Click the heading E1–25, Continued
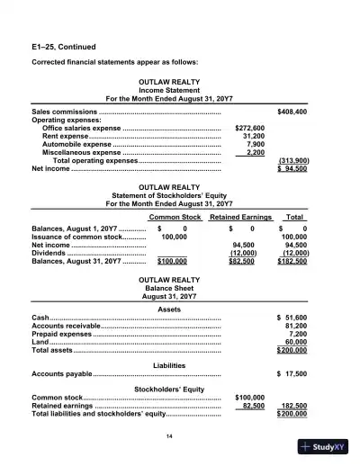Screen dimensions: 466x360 pyautogui.click(x=65, y=44)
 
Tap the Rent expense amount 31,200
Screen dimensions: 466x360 pyautogui.click(x=253, y=136)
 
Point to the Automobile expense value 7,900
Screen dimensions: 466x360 pyautogui.click(x=255, y=144)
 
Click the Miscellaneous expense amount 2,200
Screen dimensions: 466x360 pyautogui.click(x=255, y=152)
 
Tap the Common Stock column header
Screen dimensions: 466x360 pyautogui.click(x=175, y=218)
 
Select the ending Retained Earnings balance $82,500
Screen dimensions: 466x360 pyautogui.click(x=238, y=261)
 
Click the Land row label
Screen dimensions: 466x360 pyautogui.click(x=40, y=342)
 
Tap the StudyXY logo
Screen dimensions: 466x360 pyautogui.click(x=325, y=444)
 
